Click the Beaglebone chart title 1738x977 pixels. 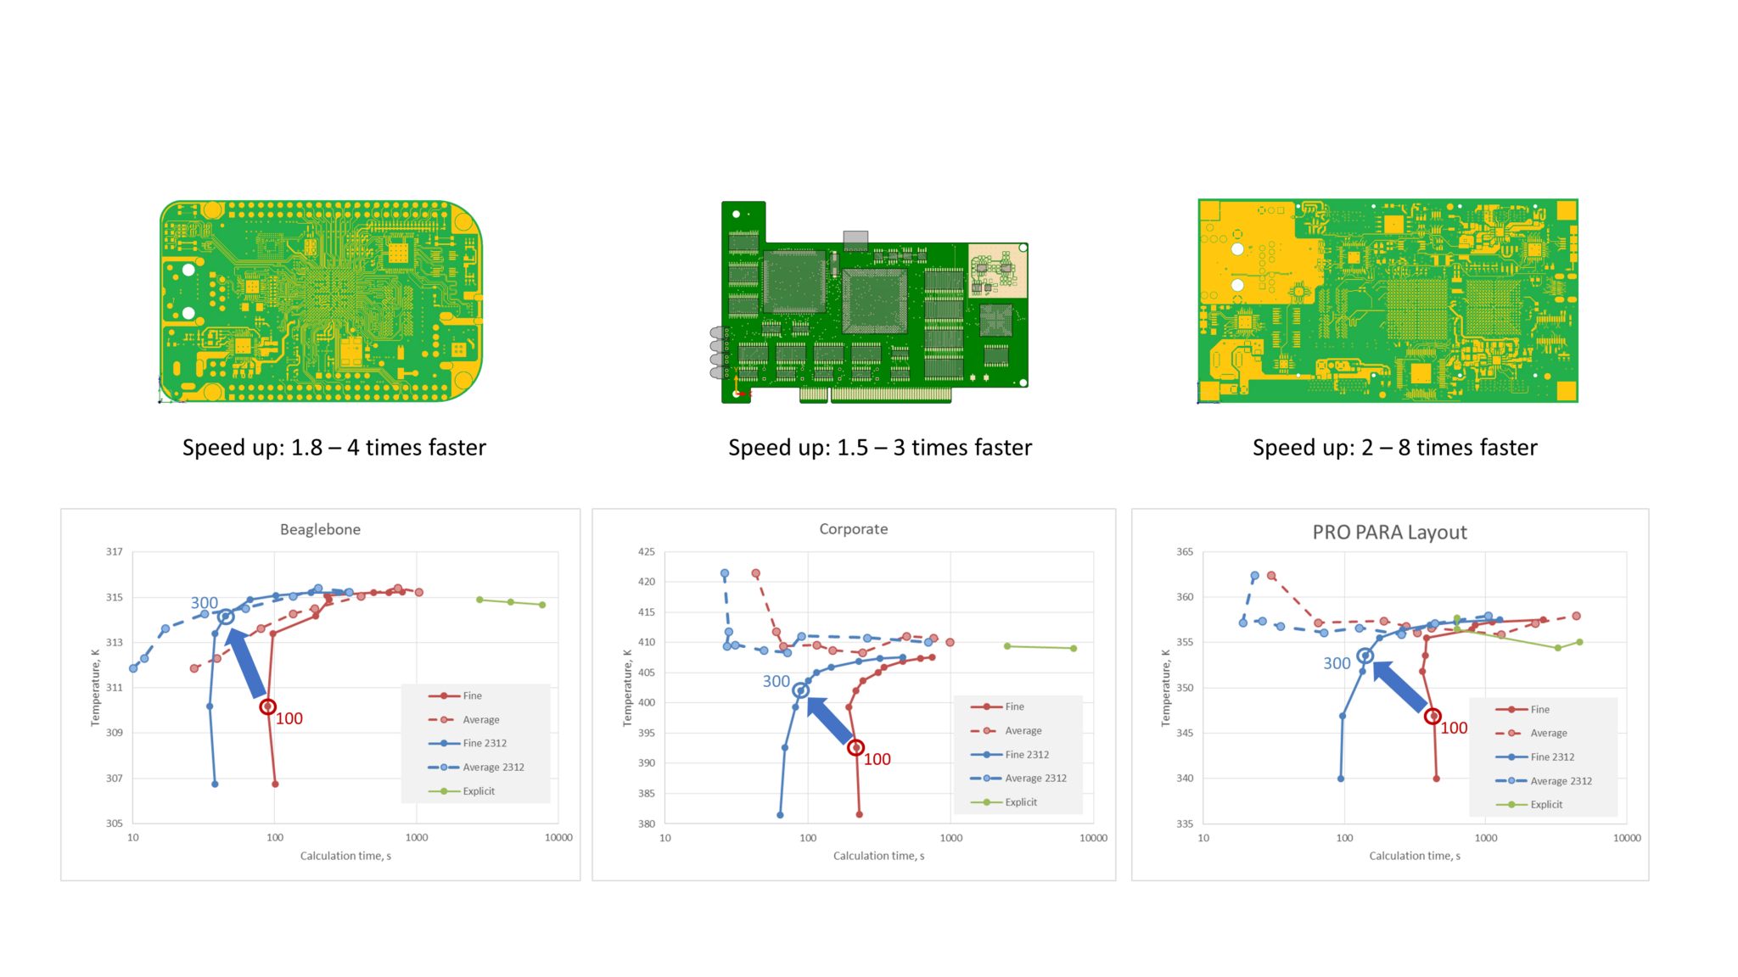320,529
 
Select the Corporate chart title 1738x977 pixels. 853,528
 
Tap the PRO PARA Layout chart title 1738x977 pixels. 1389,532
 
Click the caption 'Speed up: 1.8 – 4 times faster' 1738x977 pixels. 334,447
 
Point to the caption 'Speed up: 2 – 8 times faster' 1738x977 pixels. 1394,447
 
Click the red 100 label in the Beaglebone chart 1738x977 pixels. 289,718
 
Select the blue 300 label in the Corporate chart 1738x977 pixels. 776,681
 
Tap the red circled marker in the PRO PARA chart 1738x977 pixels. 1432,717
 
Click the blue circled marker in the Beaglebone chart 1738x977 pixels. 226,617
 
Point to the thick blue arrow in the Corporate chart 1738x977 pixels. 830,720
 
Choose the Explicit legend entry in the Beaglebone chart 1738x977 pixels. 478,791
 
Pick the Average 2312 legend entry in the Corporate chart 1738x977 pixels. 1035,778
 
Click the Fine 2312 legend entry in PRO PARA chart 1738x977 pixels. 1551,756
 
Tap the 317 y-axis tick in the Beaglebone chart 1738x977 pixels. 114,551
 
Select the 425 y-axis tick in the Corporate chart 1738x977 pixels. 646,551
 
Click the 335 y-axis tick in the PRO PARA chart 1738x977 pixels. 1184,823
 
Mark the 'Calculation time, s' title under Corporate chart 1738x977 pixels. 878,856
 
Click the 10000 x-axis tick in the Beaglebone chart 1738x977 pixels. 558,837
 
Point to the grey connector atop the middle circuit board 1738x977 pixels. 855,238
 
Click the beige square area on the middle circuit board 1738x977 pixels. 998,271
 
